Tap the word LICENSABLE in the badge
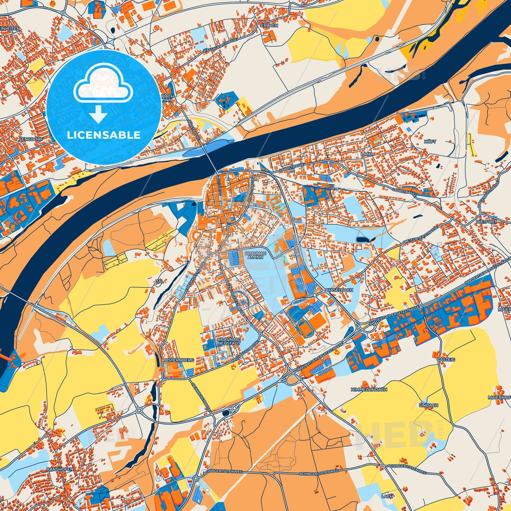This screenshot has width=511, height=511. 104,135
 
